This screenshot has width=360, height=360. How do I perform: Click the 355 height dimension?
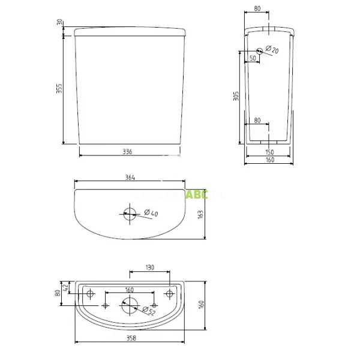click(59, 88)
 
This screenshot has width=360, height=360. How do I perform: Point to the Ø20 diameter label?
click(272, 50)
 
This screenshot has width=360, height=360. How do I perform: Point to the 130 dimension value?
click(150, 268)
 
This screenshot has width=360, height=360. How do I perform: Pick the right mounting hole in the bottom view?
click(170, 293)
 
